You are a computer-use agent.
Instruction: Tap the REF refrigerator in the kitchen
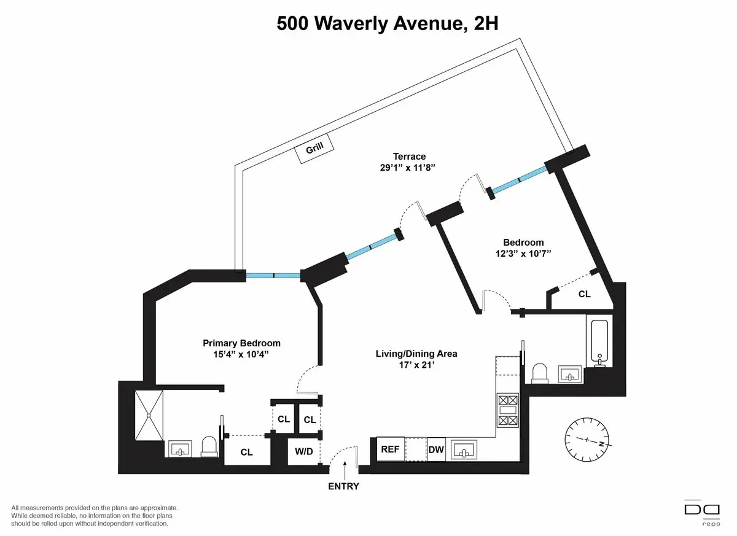point(390,449)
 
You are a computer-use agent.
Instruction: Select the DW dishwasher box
point(436,449)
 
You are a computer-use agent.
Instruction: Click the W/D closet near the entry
point(303,452)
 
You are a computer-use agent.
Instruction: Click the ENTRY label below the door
point(344,486)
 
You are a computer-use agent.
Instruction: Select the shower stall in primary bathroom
point(149,414)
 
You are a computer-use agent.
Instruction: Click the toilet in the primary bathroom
point(209,446)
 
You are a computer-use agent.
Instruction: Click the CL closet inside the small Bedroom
point(584,294)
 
